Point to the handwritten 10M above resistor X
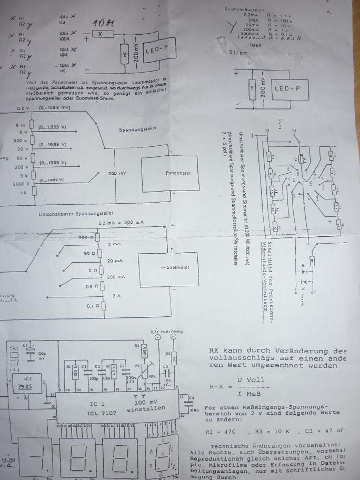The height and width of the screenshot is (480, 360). tap(104, 24)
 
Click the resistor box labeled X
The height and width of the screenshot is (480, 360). tap(99, 33)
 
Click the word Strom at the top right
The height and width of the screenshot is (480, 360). tap(239, 52)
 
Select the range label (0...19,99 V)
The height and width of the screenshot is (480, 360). tap(53, 144)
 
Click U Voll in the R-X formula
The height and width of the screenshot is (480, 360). tap(252, 380)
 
